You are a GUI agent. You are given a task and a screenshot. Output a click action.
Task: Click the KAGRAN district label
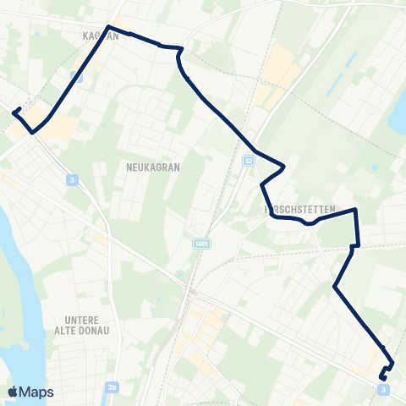99,36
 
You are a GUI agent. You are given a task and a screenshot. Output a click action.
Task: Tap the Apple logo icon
13,392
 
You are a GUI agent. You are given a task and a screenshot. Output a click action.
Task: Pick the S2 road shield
248,160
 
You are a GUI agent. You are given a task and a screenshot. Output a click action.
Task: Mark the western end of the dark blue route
14,110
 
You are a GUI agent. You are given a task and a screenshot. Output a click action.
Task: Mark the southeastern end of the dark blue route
384,378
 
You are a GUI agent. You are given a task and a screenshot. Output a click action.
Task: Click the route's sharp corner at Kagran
109,28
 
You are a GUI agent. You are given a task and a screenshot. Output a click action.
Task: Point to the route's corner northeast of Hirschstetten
355,209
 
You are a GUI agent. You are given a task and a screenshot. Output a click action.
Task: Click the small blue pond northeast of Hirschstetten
374,167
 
